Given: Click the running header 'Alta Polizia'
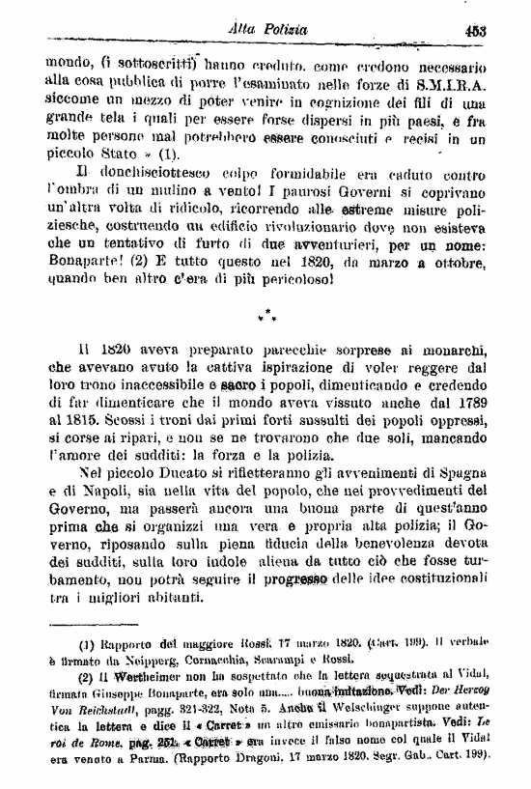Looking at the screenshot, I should (x=269, y=31).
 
